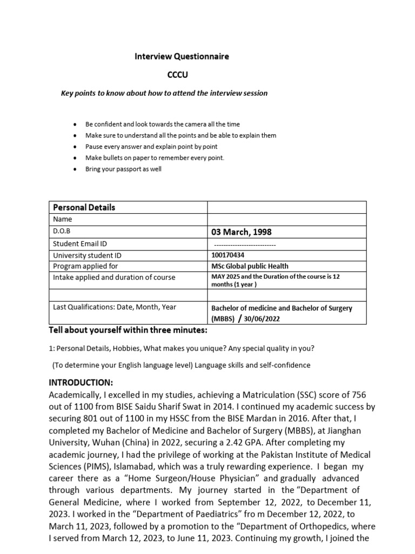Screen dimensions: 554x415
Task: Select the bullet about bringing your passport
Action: coord(123,169)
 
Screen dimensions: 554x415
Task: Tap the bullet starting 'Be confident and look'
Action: coord(162,124)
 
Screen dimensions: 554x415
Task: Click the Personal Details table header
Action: coord(84,207)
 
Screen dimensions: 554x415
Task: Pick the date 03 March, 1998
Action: coord(241,232)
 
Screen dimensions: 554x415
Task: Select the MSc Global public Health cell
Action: coord(250,266)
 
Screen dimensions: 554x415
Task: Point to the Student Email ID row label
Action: coord(80,243)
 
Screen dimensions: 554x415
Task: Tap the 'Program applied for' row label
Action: coord(85,266)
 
